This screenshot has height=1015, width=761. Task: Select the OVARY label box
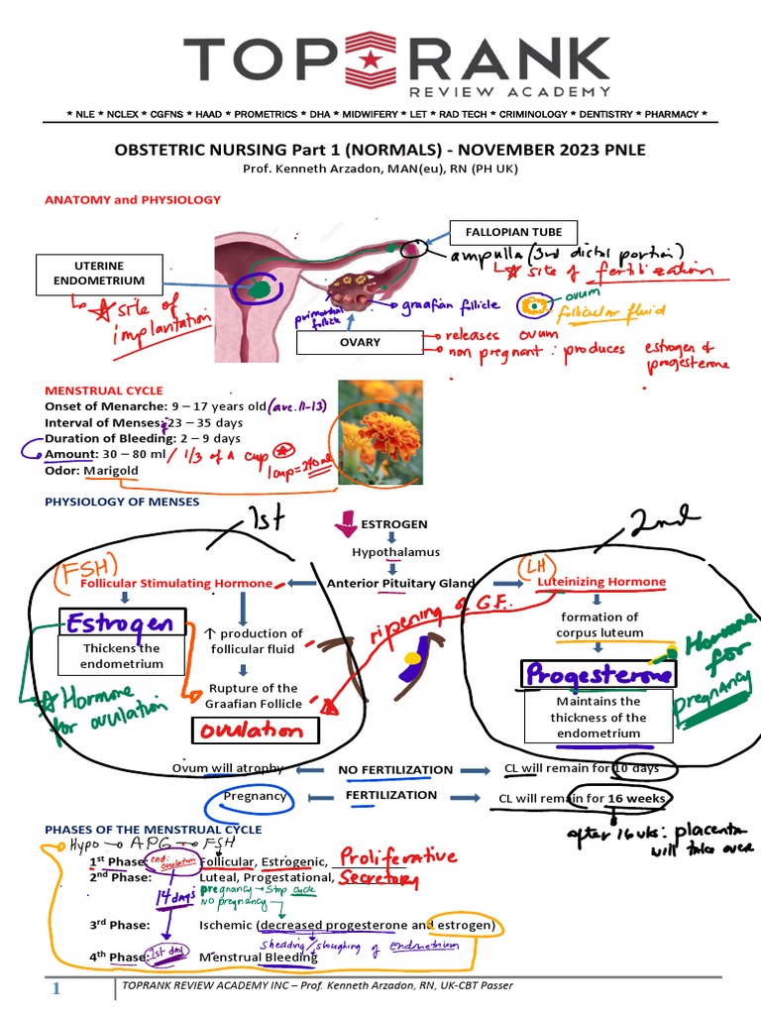tap(360, 342)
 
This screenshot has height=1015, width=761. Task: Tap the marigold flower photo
tap(380, 432)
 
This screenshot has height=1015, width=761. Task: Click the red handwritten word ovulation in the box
tap(255, 730)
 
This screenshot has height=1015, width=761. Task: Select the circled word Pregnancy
tap(255, 796)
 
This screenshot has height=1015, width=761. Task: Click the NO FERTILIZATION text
tap(395, 769)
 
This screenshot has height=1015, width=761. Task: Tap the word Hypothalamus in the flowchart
tap(395, 552)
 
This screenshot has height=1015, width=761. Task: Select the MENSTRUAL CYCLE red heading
tap(104, 391)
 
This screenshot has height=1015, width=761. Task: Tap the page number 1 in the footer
tap(57, 988)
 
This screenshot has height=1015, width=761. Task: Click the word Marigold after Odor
tap(113, 470)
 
